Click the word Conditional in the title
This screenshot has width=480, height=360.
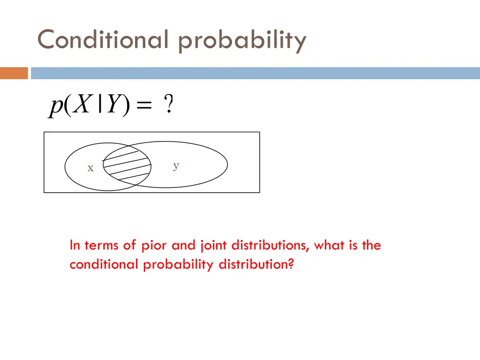point(102,39)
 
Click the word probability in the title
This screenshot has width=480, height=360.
point(242,41)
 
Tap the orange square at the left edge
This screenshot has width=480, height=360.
point(14,73)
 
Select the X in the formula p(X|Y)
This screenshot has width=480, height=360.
point(82,105)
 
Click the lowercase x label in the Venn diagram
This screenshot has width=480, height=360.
point(90,168)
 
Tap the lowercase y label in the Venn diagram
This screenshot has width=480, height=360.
point(176,165)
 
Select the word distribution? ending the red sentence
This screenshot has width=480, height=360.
point(256,265)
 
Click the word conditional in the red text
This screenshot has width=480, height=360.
point(104,265)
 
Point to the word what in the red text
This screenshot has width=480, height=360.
point(330,245)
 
